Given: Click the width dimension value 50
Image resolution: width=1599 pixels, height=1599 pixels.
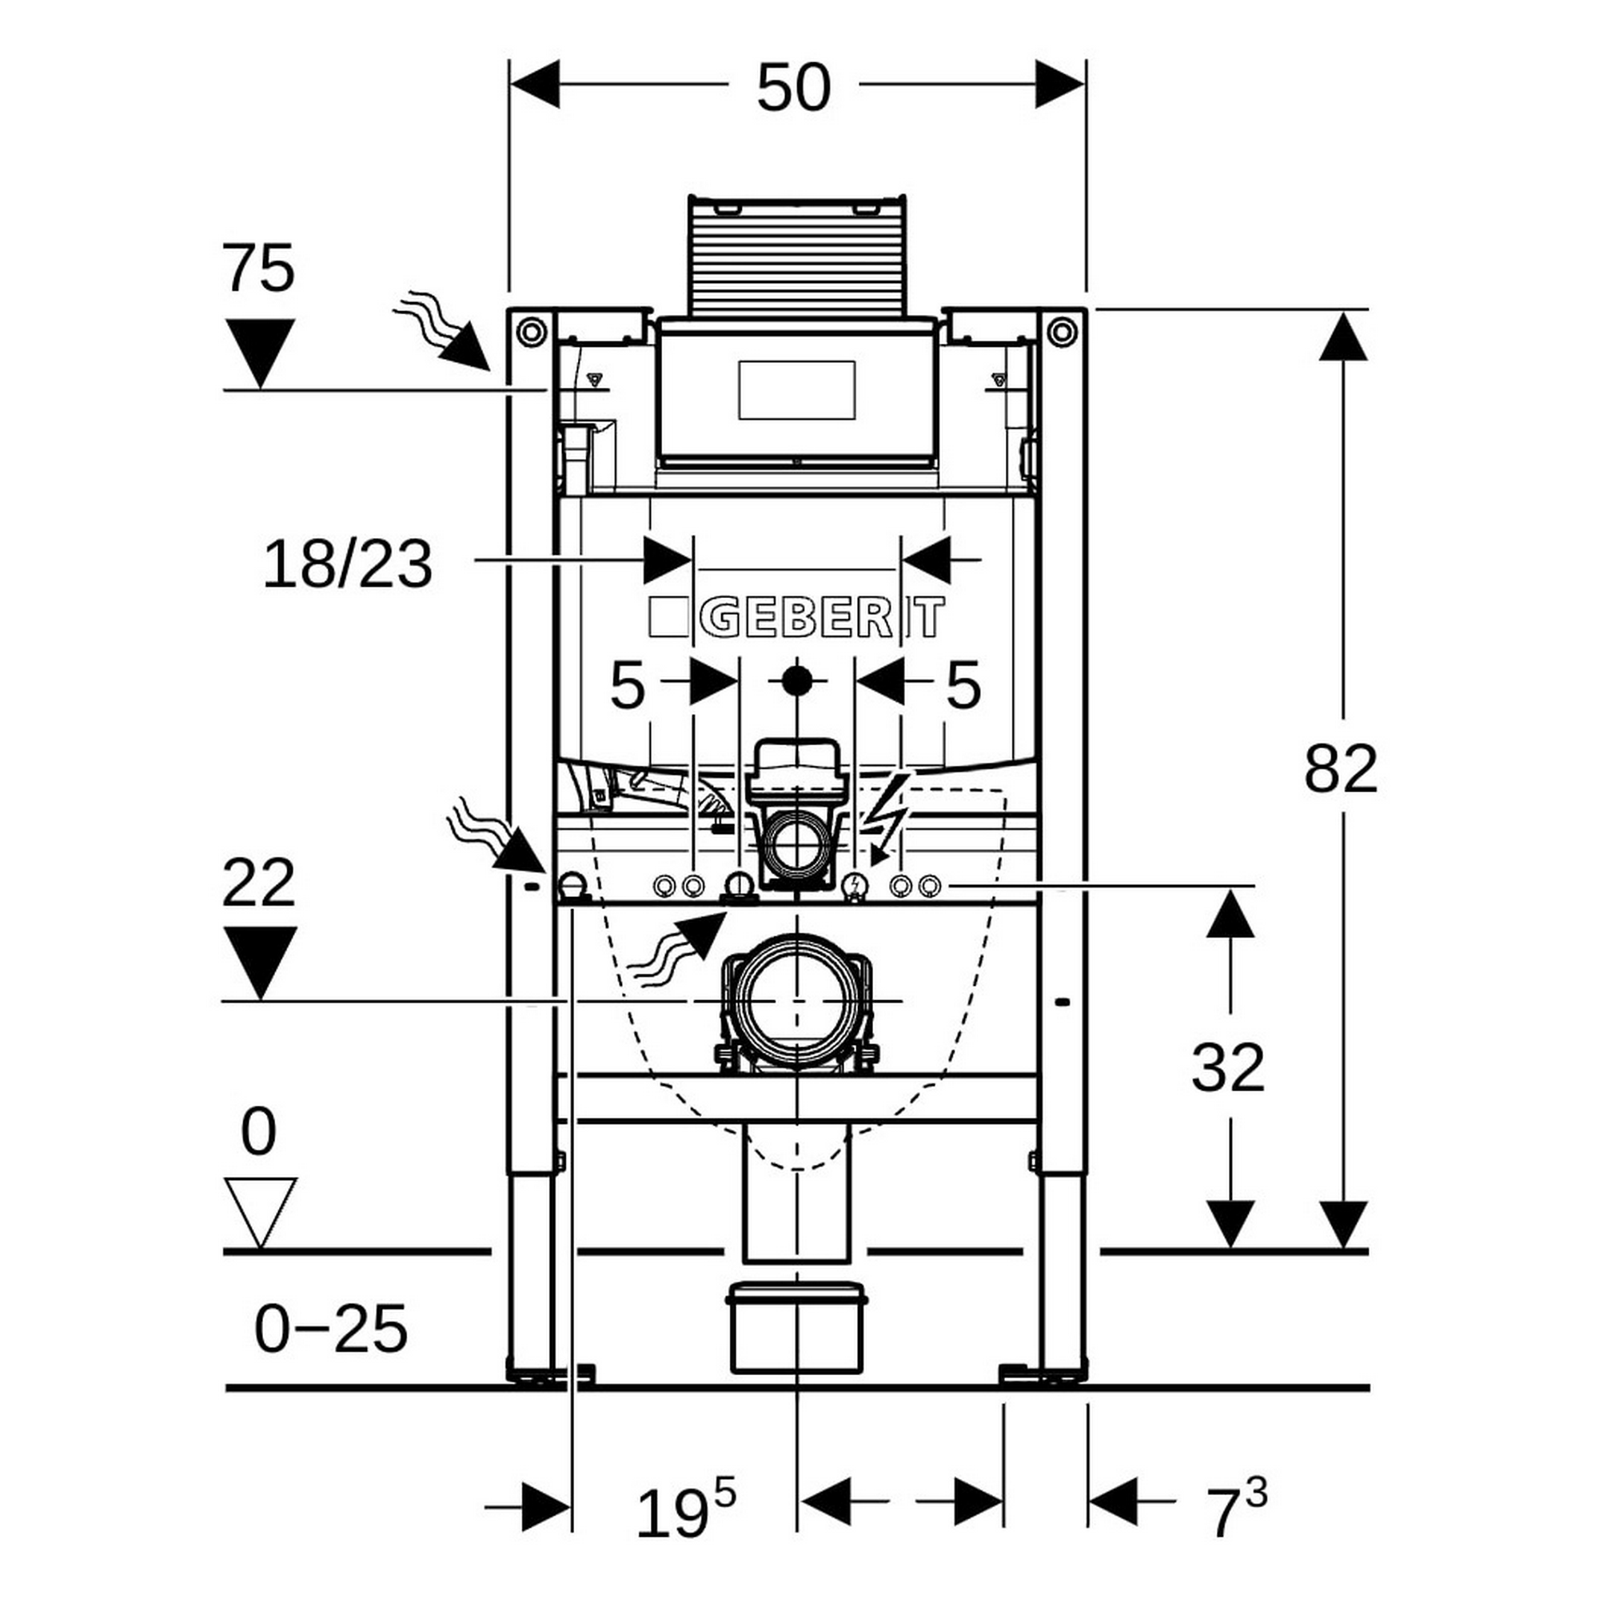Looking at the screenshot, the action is click(793, 88).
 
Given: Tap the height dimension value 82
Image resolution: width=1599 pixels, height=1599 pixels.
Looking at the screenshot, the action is click(1341, 769).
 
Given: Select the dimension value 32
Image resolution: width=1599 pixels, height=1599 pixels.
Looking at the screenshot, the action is click(1228, 1067).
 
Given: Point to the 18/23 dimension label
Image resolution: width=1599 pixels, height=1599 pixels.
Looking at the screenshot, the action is click(348, 564).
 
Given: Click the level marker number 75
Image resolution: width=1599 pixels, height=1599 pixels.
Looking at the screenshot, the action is click(258, 268).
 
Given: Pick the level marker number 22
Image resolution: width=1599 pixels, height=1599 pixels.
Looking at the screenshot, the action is click(258, 883).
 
